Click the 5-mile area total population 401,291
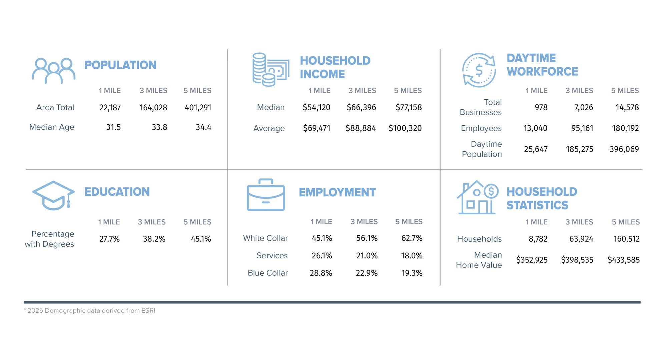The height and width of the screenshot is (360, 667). click(x=198, y=108)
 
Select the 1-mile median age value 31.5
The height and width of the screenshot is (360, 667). click(x=113, y=127)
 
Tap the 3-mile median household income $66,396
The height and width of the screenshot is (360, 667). click(x=361, y=107)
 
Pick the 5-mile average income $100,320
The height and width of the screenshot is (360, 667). click(x=405, y=128)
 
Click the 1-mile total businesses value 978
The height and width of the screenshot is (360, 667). click(x=541, y=107)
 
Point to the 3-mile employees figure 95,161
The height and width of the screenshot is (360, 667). click(x=582, y=128)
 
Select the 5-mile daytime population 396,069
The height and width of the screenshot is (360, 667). click(x=624, y=149)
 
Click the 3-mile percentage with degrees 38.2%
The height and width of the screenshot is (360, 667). click(x=154, y=239)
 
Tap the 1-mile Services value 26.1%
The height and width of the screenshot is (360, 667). click(x=322, y=256)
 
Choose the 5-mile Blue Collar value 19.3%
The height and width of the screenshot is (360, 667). click(x=412, y=273)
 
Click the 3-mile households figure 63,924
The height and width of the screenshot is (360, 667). click(x=581, y=239)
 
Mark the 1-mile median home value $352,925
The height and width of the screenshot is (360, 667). click(x=532, y=260)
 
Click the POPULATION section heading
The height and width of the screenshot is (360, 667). click(x=120, y=65)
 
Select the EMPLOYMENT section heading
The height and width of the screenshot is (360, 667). click(x=337, y=192)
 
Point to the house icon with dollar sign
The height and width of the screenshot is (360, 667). click(x=477, y=197)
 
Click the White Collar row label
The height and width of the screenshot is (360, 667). click(x=265, y=238)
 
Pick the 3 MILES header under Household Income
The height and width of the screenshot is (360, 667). click(x=362, y=91)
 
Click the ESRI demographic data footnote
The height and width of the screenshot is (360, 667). click(x=90, y=311)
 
